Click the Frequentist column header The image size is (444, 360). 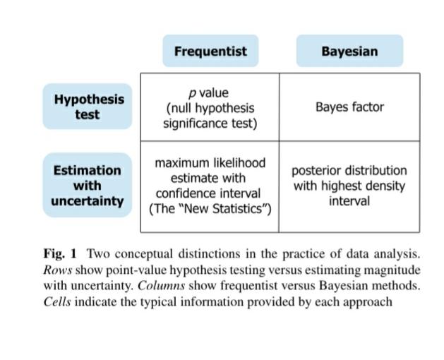click(210, 51)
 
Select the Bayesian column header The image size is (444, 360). click(349, 51)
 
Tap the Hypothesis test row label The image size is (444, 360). click(88, 107)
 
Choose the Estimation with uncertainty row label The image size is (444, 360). click(88, 185)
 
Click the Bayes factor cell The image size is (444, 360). click(349, 107)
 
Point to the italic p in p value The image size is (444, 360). click(192, 93)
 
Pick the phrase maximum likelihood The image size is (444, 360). click(210, 163)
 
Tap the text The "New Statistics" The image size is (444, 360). click(210, 209)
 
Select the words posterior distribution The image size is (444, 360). click(349, 171)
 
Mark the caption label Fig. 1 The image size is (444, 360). click(60, 253)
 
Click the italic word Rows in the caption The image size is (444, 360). click(57, 270)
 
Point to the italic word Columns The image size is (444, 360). click(162, 285)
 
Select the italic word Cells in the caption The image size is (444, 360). click(57, 301)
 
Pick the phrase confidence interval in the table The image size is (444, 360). click(208, 193)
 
